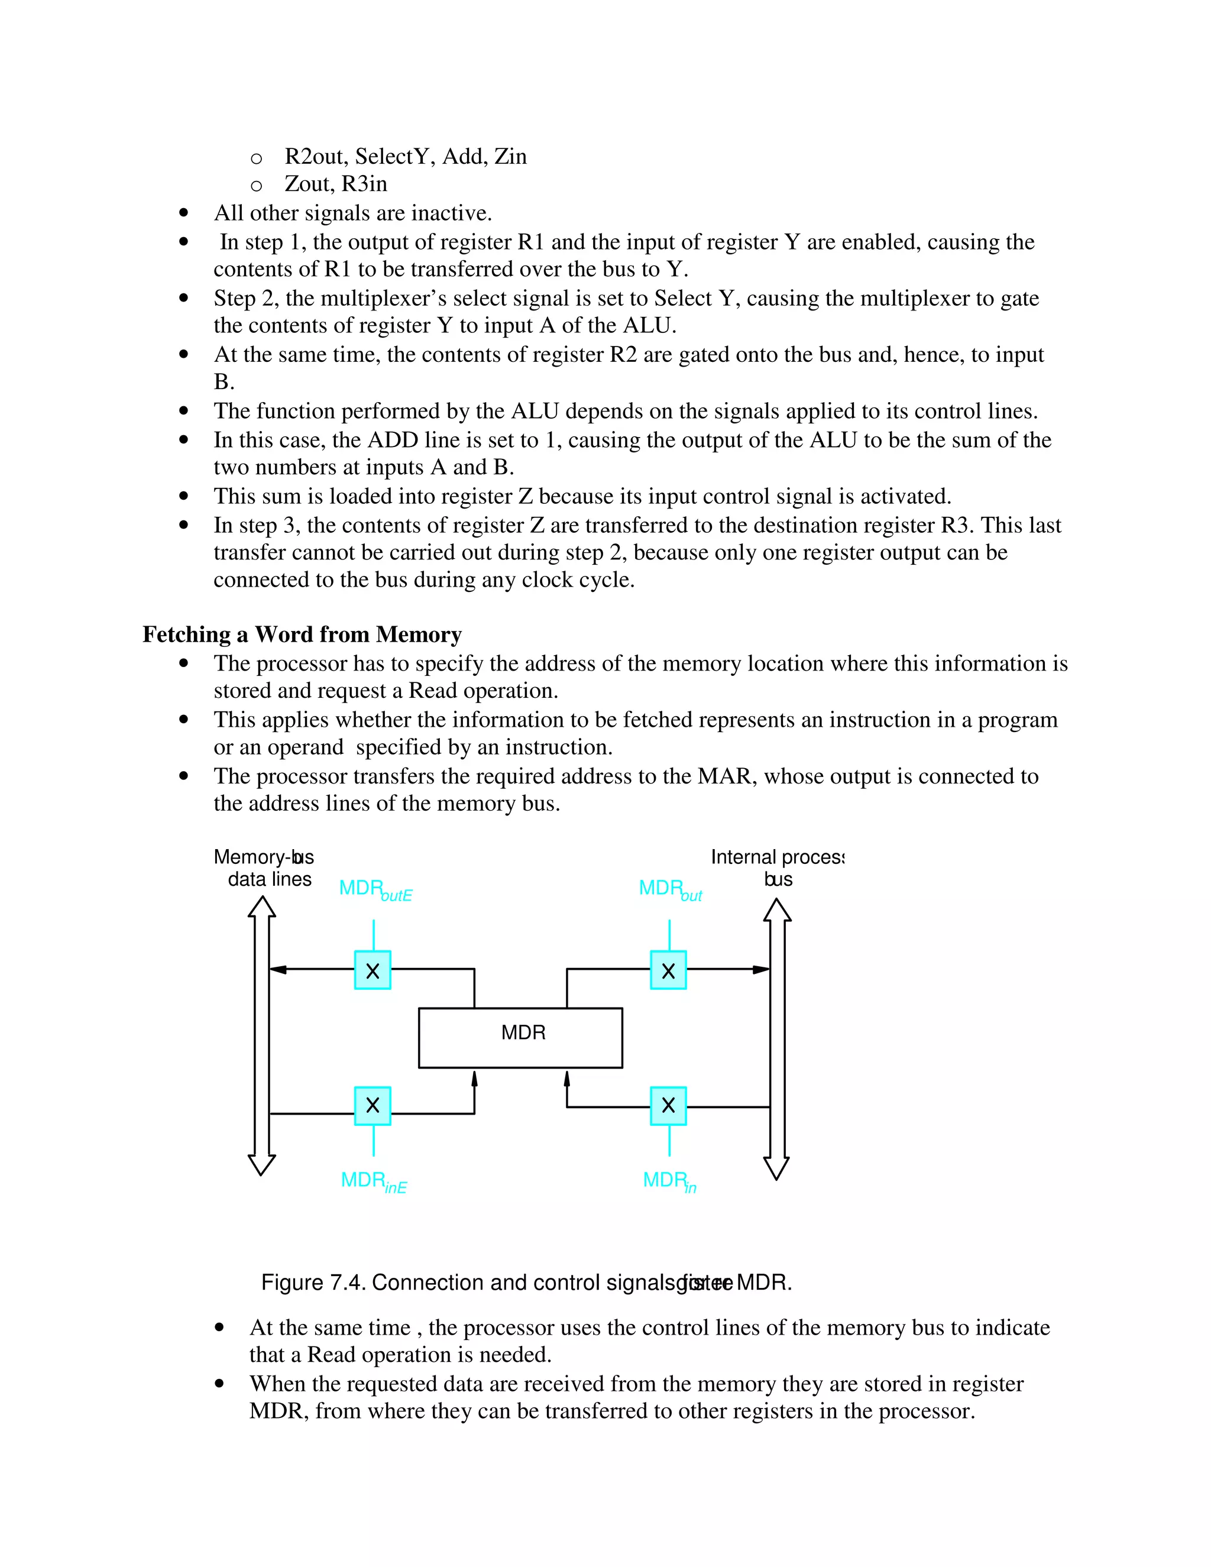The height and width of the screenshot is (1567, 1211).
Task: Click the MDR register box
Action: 520,1038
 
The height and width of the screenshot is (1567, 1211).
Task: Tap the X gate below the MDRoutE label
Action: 373,970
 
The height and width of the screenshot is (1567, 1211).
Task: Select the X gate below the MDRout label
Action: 668,970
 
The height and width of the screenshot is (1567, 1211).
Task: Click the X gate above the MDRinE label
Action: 373,1106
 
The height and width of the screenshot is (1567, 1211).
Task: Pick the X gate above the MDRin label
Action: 668,1106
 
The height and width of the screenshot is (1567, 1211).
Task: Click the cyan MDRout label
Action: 669,890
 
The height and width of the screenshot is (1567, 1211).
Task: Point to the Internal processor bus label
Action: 777,867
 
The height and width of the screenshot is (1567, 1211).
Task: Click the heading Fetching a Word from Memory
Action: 302,634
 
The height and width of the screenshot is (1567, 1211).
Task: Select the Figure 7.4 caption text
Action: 526,1282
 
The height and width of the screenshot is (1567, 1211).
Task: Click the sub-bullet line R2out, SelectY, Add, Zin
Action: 405,157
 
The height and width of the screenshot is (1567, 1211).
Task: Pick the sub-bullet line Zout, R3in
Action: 335,184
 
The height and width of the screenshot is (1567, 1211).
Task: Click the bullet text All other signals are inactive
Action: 352,213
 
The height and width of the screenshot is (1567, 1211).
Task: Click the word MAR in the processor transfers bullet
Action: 726,776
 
